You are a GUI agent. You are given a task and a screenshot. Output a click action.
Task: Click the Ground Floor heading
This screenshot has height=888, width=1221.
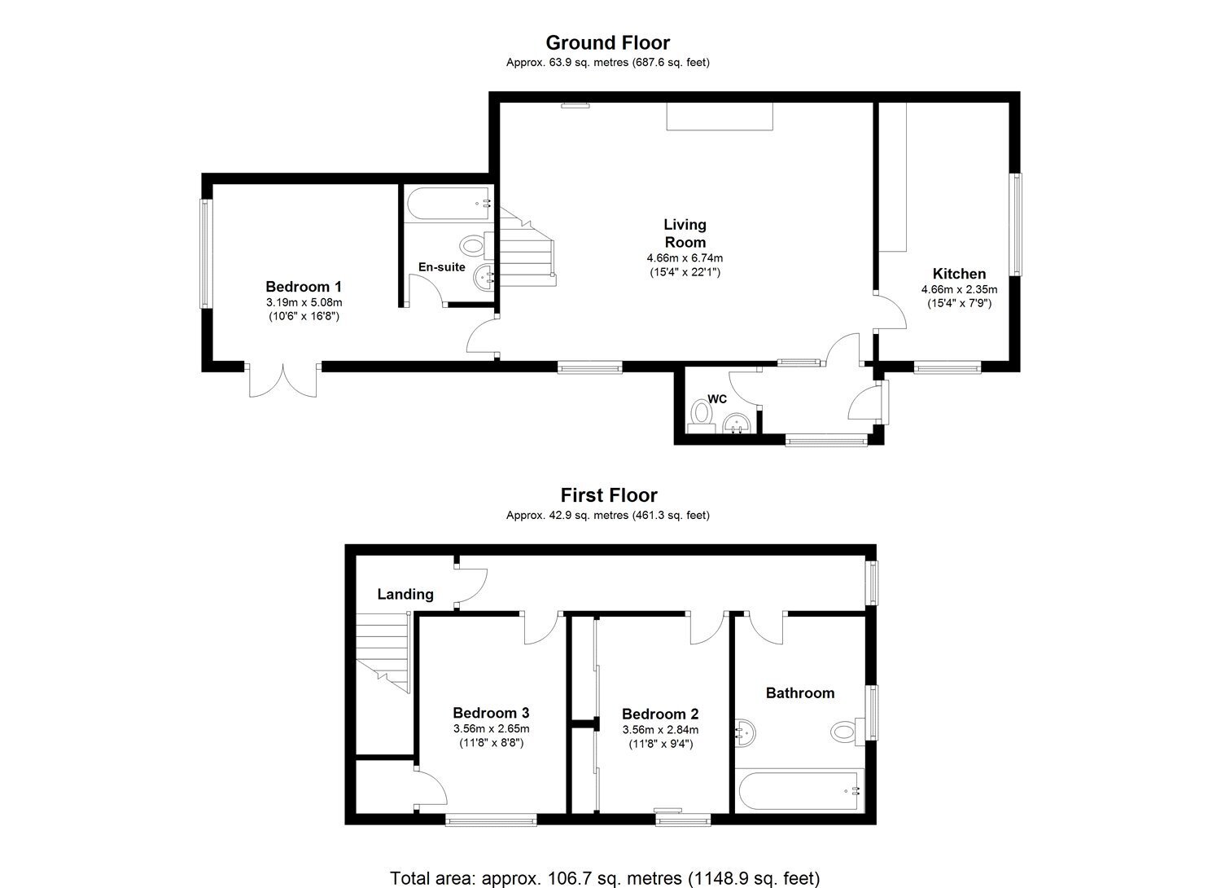click(608, 42)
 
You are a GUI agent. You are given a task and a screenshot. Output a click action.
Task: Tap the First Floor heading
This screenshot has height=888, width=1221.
click(609, 495)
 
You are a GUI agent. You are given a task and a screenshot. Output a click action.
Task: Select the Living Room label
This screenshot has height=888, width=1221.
click(685, 234)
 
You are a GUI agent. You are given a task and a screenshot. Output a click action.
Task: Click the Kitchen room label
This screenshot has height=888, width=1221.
click(960, 274)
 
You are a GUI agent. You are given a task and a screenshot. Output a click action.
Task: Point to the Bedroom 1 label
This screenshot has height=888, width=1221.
click(304, 287)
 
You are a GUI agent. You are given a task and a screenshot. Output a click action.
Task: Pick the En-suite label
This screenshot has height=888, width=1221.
click(441, 266)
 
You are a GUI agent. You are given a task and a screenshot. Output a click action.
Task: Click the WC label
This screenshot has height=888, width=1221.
click(717, 398)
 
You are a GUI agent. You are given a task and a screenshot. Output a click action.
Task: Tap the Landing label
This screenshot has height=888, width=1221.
click(405, 594)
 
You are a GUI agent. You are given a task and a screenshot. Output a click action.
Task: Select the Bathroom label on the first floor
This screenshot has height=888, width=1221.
click(800, 692)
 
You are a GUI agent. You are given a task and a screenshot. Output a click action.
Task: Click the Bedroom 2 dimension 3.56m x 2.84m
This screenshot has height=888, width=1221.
click(661, 730)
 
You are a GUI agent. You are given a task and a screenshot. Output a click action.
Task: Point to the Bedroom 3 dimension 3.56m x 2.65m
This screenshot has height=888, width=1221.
click(491, 728)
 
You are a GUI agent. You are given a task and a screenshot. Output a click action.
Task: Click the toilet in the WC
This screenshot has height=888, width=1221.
click(700, 415)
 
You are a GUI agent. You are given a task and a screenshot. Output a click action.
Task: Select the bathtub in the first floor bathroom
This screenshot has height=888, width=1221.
click(799, 790)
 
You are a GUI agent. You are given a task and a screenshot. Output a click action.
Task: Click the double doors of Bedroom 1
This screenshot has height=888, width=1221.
click(283, 380)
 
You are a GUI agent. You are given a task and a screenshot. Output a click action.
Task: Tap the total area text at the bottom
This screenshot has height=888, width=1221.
click(605, 864)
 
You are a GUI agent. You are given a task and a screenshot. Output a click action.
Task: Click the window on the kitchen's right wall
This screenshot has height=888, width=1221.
click(1016, 224)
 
